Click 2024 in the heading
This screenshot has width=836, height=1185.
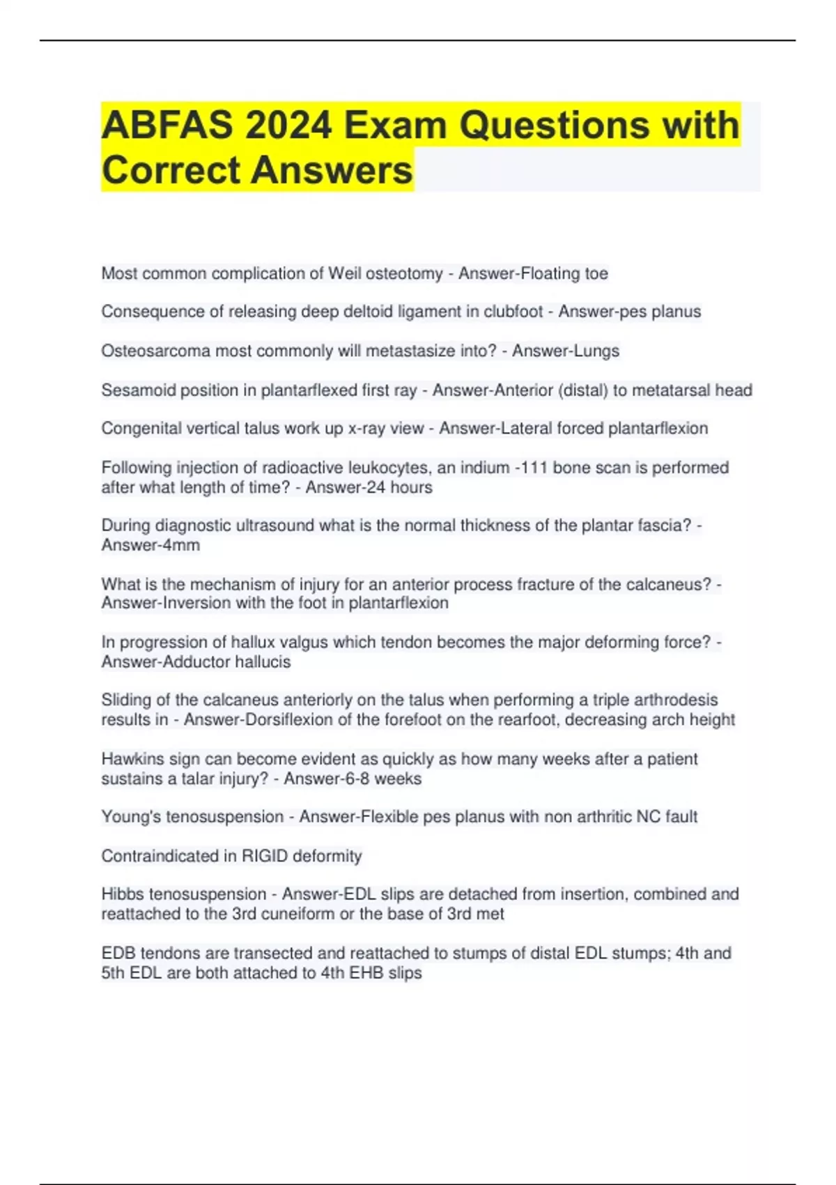tap(288, 125)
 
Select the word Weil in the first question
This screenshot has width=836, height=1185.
tap(345, 273)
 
